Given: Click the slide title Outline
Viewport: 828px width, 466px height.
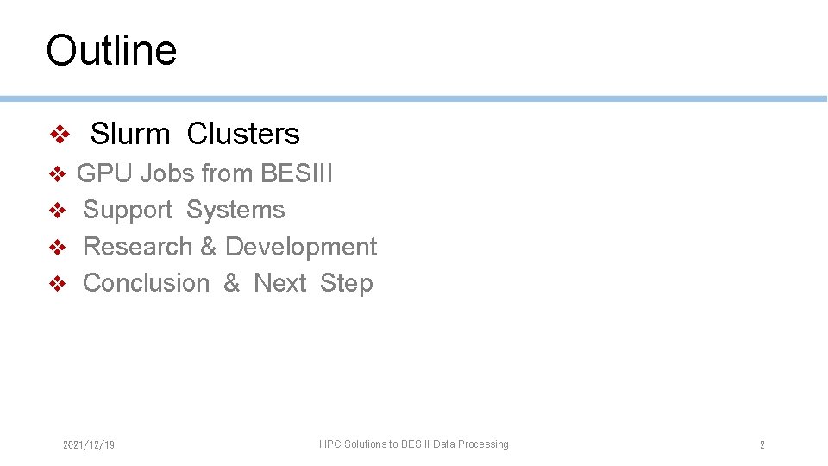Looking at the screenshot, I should [111, 50].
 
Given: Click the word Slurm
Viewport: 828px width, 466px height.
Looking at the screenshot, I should [130, 134].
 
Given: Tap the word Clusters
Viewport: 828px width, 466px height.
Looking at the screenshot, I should [243, 134].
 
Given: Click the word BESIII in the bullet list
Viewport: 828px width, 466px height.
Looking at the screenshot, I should [297, 173].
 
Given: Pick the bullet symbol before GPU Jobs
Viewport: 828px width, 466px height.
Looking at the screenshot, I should [57, 174].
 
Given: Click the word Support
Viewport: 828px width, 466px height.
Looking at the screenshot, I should [128, 210].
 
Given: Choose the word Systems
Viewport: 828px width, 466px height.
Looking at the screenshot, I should [235, 210].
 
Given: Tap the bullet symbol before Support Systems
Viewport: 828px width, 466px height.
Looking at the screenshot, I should [57, 211].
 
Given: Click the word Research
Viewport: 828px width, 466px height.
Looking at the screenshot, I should [138, 247].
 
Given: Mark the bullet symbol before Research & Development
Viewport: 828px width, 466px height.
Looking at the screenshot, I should [57, 248].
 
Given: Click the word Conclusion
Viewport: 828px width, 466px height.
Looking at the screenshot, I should [146, 283].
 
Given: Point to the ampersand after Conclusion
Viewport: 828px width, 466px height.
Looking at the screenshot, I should [231, 283].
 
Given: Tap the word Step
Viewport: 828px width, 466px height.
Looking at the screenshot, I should [346, 283].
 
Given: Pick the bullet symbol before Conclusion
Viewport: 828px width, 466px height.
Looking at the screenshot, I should [57, 284].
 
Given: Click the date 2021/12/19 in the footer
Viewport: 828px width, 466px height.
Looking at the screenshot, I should [89, 445].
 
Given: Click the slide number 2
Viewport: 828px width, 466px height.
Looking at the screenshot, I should [762, 445].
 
